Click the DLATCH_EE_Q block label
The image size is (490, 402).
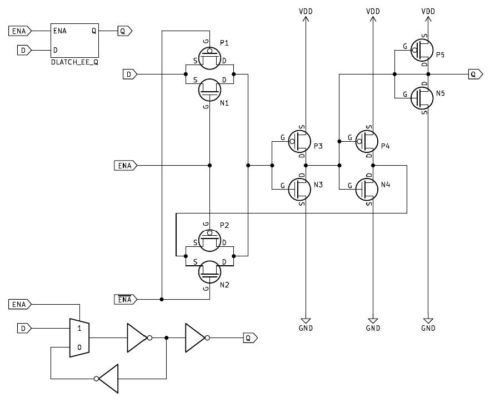coord(74,62)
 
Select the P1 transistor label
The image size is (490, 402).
coord(224,43)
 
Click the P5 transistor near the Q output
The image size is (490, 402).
coord(423,51)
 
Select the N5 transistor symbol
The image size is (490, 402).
coord(423,97)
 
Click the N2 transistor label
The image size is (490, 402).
coord(224,285)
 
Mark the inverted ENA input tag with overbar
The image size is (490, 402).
coord(127,300)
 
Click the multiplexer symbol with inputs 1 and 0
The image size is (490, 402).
coord(79,338)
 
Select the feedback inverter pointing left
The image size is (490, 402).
coord(109,379)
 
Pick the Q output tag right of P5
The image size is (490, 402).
coord(473,73)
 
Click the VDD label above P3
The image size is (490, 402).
coord(306,11)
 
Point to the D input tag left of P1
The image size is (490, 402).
coord(129,73)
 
